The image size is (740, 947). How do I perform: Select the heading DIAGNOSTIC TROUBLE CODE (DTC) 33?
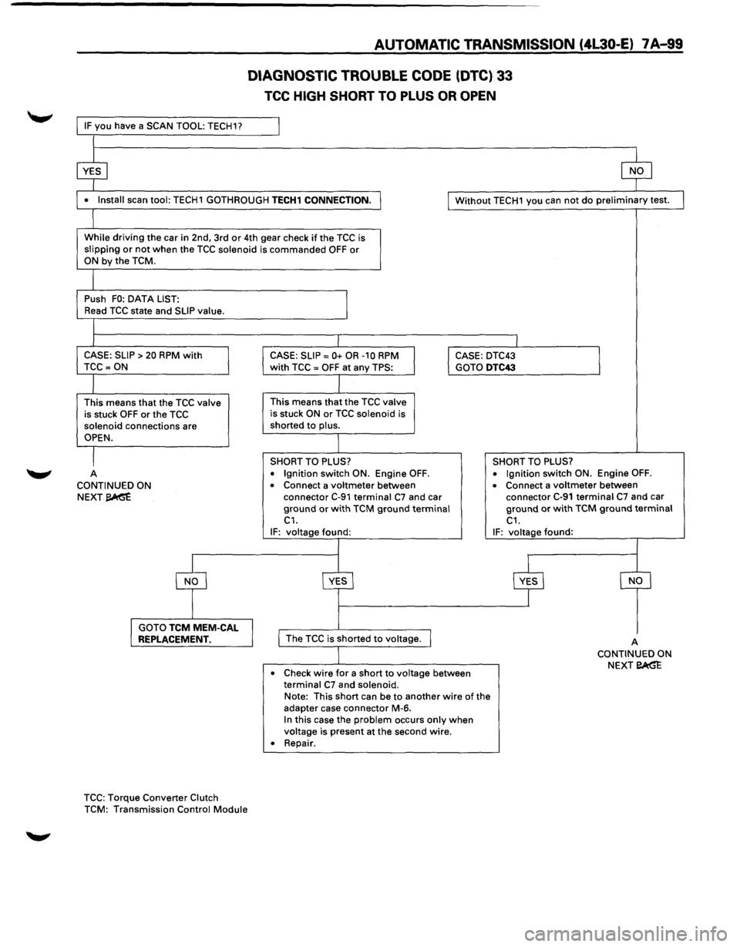pos(379,76)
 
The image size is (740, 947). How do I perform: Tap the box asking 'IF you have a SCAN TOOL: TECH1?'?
pos(178,126)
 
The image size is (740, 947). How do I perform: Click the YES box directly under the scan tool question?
pos(92,171)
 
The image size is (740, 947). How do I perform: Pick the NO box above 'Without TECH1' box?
pos(636,171)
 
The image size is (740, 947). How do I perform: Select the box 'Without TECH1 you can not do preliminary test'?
pos(566,200)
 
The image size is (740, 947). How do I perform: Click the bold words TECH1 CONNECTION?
pos(321,200)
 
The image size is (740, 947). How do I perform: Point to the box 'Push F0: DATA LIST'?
pos(212,304)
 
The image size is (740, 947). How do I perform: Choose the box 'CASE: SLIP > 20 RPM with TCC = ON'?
pos(153,361)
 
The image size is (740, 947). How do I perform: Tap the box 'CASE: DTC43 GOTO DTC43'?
pos(524,361)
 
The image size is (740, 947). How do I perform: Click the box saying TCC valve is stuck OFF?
pos(153,420)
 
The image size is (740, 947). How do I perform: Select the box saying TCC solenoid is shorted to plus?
pos(338,414)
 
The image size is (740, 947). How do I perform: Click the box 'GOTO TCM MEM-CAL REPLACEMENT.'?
pos(192,633)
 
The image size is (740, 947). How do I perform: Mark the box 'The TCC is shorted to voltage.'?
pos(355,639)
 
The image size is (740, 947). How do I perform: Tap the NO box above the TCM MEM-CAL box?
pos(191,580)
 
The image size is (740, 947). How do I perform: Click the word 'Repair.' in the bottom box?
pos(299,743)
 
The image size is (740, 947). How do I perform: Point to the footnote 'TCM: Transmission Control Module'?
pos(166,809)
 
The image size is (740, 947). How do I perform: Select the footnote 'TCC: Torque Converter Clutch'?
pos(151,798)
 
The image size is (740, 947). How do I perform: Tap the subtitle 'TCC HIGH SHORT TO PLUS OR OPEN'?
pos(380,96)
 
